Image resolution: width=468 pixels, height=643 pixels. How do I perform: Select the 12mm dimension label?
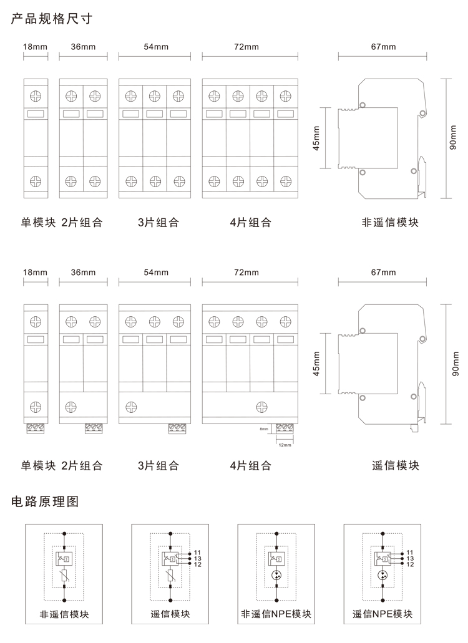(285, 445)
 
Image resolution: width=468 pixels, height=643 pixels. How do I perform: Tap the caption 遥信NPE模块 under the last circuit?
(383, 614)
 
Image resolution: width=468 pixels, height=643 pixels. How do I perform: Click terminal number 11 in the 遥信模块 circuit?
(197, 553)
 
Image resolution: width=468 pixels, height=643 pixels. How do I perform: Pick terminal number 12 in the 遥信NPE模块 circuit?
(410, 564)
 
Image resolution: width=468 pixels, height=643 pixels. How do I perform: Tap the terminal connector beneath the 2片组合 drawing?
(94, 428)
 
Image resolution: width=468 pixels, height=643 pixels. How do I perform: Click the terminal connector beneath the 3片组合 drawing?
(178, 428)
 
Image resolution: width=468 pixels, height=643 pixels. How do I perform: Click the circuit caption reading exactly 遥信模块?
(170, 614)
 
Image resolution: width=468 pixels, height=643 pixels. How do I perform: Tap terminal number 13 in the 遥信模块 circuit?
(197, 558)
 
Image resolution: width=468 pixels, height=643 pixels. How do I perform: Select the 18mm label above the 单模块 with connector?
(35, 273)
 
